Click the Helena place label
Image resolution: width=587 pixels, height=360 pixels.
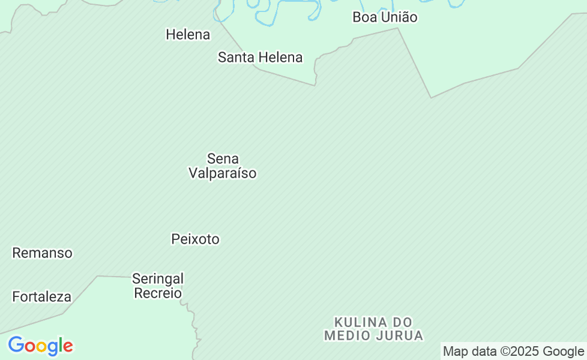(x=188, y=35)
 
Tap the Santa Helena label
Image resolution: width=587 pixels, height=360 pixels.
(x=260, y=58)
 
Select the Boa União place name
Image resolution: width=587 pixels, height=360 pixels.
(x=385, y=17)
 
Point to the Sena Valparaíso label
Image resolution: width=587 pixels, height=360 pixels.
(x=223, y=166)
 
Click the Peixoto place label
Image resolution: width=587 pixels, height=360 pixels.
(x=195, y=239)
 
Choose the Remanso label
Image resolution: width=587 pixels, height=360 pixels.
(x=42, y=253)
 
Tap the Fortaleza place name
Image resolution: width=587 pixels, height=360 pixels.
(x=41, y=297)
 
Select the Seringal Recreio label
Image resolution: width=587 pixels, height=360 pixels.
(x=158, y=286)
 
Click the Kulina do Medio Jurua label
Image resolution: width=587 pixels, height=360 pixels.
(x=373, y=329)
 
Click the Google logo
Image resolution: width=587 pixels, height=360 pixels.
(x=40, y=346)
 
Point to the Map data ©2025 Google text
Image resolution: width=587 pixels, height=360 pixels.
(x=513, y=352)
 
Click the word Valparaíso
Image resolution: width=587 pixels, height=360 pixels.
(x=223, y=173)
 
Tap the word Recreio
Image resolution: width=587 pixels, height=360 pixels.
(x=158, y=293)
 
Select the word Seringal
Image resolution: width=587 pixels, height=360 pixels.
(x=158, y=279)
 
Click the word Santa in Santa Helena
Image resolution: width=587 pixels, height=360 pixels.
(x=235, y=58)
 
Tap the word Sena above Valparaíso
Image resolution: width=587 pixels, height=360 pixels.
(x=223, y=159)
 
